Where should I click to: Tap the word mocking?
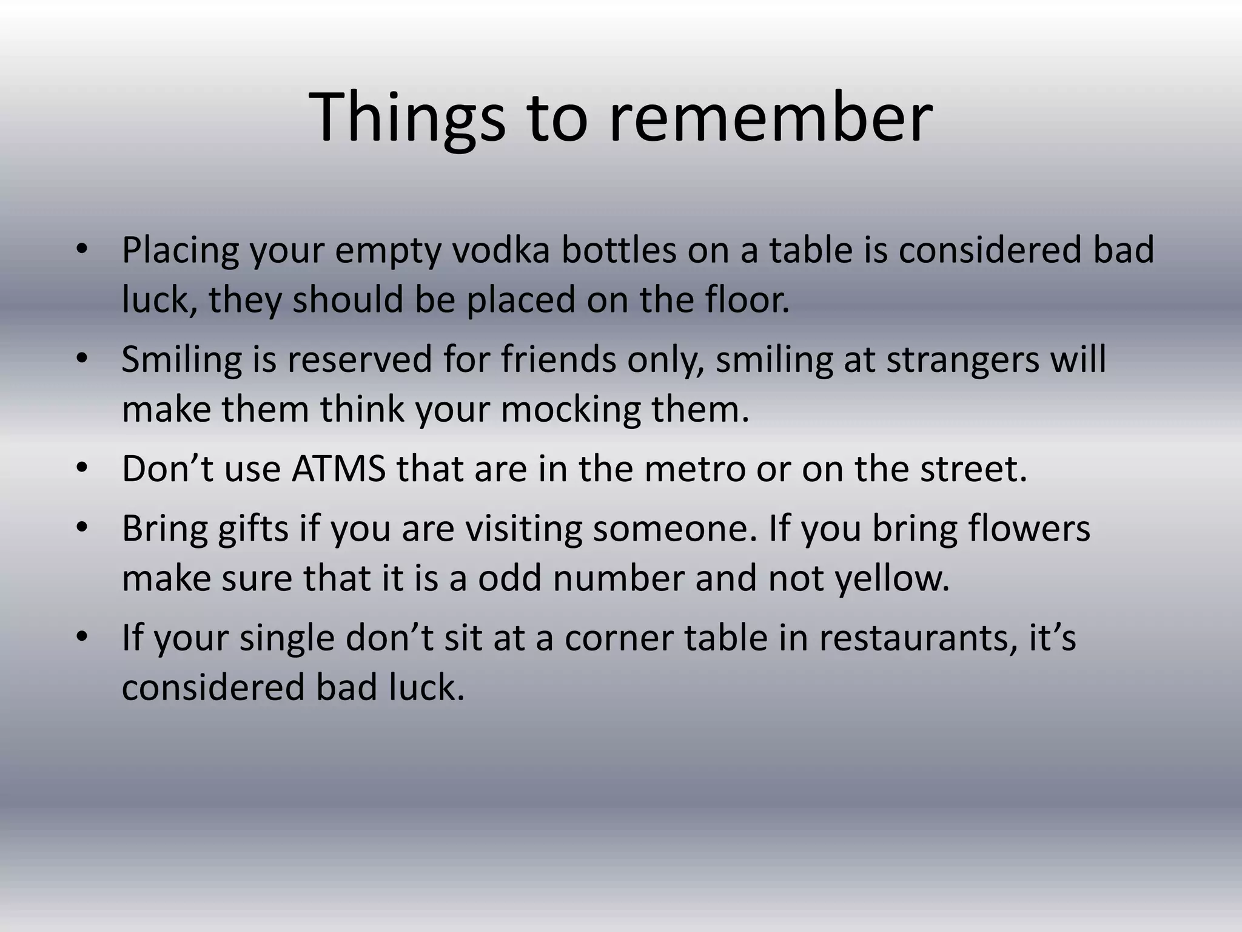571,409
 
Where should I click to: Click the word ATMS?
338,468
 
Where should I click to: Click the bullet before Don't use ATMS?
83,468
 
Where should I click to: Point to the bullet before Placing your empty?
83,250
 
